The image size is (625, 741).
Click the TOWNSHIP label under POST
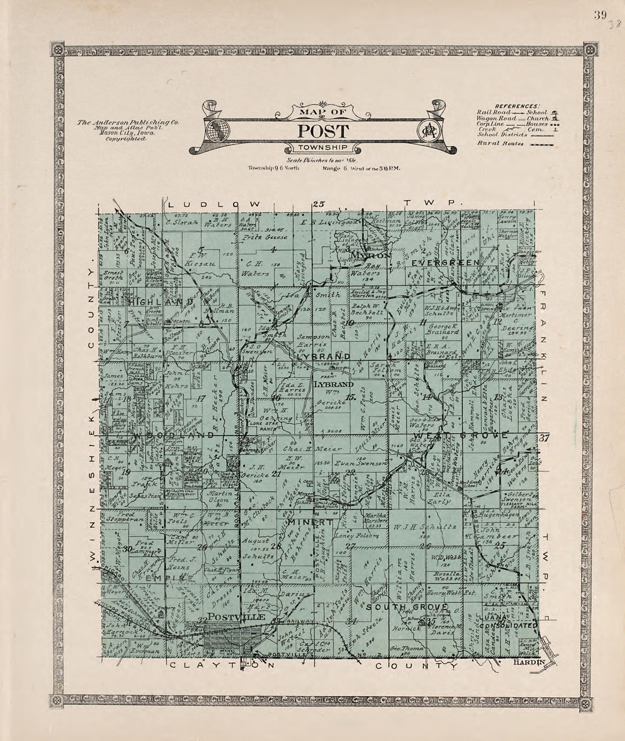pos(323,148)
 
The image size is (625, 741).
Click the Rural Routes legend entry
pos(500,143)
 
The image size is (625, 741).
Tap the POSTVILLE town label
pos(236,617)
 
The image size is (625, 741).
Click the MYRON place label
pos(371,255)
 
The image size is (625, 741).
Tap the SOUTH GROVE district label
pos(407,607)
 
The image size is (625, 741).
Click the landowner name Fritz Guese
pos(265,237)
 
